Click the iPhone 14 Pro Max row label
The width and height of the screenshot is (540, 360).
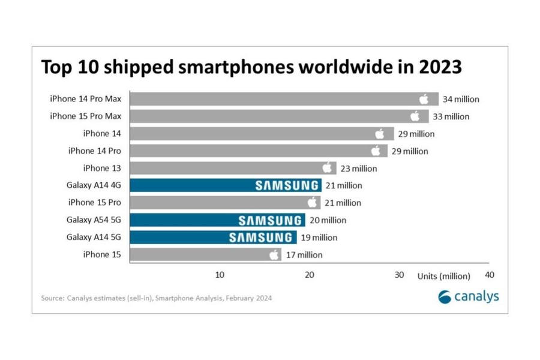tap(86, 99)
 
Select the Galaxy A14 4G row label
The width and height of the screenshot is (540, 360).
tap(94, 185)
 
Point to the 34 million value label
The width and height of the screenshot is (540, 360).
tap(461, 99)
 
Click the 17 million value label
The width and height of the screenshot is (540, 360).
tap(304, 255)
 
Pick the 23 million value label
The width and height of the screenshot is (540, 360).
tap(358, 169)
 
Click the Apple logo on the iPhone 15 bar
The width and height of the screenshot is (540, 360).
tap(274, 255)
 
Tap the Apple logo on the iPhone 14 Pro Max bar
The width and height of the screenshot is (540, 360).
tap(424, 99)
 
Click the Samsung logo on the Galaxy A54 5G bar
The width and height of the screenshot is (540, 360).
tap(270, 220)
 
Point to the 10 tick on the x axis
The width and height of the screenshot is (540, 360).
tap(220, 275)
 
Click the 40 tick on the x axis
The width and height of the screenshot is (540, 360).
tap(489, 275)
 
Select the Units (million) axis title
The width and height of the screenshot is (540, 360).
tap(444, 276)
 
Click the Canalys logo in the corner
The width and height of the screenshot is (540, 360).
tap(469, 296)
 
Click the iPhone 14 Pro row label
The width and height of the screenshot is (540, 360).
tap(94, 151)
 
